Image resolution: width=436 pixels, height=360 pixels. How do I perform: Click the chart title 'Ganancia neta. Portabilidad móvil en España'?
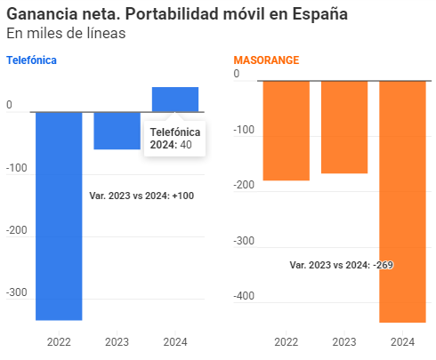(x=177, y=14)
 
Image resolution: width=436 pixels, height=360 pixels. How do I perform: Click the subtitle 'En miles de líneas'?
(x=66, y=33)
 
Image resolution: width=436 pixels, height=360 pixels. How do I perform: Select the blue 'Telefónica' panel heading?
(x=32, y=60)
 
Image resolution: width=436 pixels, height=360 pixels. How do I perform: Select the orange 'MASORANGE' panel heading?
(x=266, y=60)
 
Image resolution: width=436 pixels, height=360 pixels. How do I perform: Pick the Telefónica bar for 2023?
(x=117, y=131)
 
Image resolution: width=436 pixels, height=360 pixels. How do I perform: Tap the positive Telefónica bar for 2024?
(x=175, y=99)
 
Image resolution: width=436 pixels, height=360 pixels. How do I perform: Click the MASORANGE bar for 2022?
(x=287, y=131)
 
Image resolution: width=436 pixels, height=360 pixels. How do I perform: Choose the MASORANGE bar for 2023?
(x=344, y=127)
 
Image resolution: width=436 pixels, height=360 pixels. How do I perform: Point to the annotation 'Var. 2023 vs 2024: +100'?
(x=141, y=196)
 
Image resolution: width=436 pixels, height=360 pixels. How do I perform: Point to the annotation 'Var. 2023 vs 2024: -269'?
(x=342, y=265)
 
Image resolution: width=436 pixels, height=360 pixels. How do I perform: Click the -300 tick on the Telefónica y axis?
(x=17, y=292)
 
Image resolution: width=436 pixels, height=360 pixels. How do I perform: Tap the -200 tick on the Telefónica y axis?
(x=17, y=230)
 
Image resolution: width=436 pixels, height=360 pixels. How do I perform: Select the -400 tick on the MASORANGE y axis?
(x=246, y=296)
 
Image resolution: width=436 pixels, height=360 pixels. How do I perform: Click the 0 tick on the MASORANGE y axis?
(x=237, y=74)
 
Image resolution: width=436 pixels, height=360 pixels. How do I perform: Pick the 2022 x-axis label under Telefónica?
(x=59, y=341)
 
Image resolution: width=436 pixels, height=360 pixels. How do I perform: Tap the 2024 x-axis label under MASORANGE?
(x=402, y=341)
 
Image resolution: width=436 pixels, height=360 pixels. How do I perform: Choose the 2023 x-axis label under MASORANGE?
(x=344, y=341)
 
